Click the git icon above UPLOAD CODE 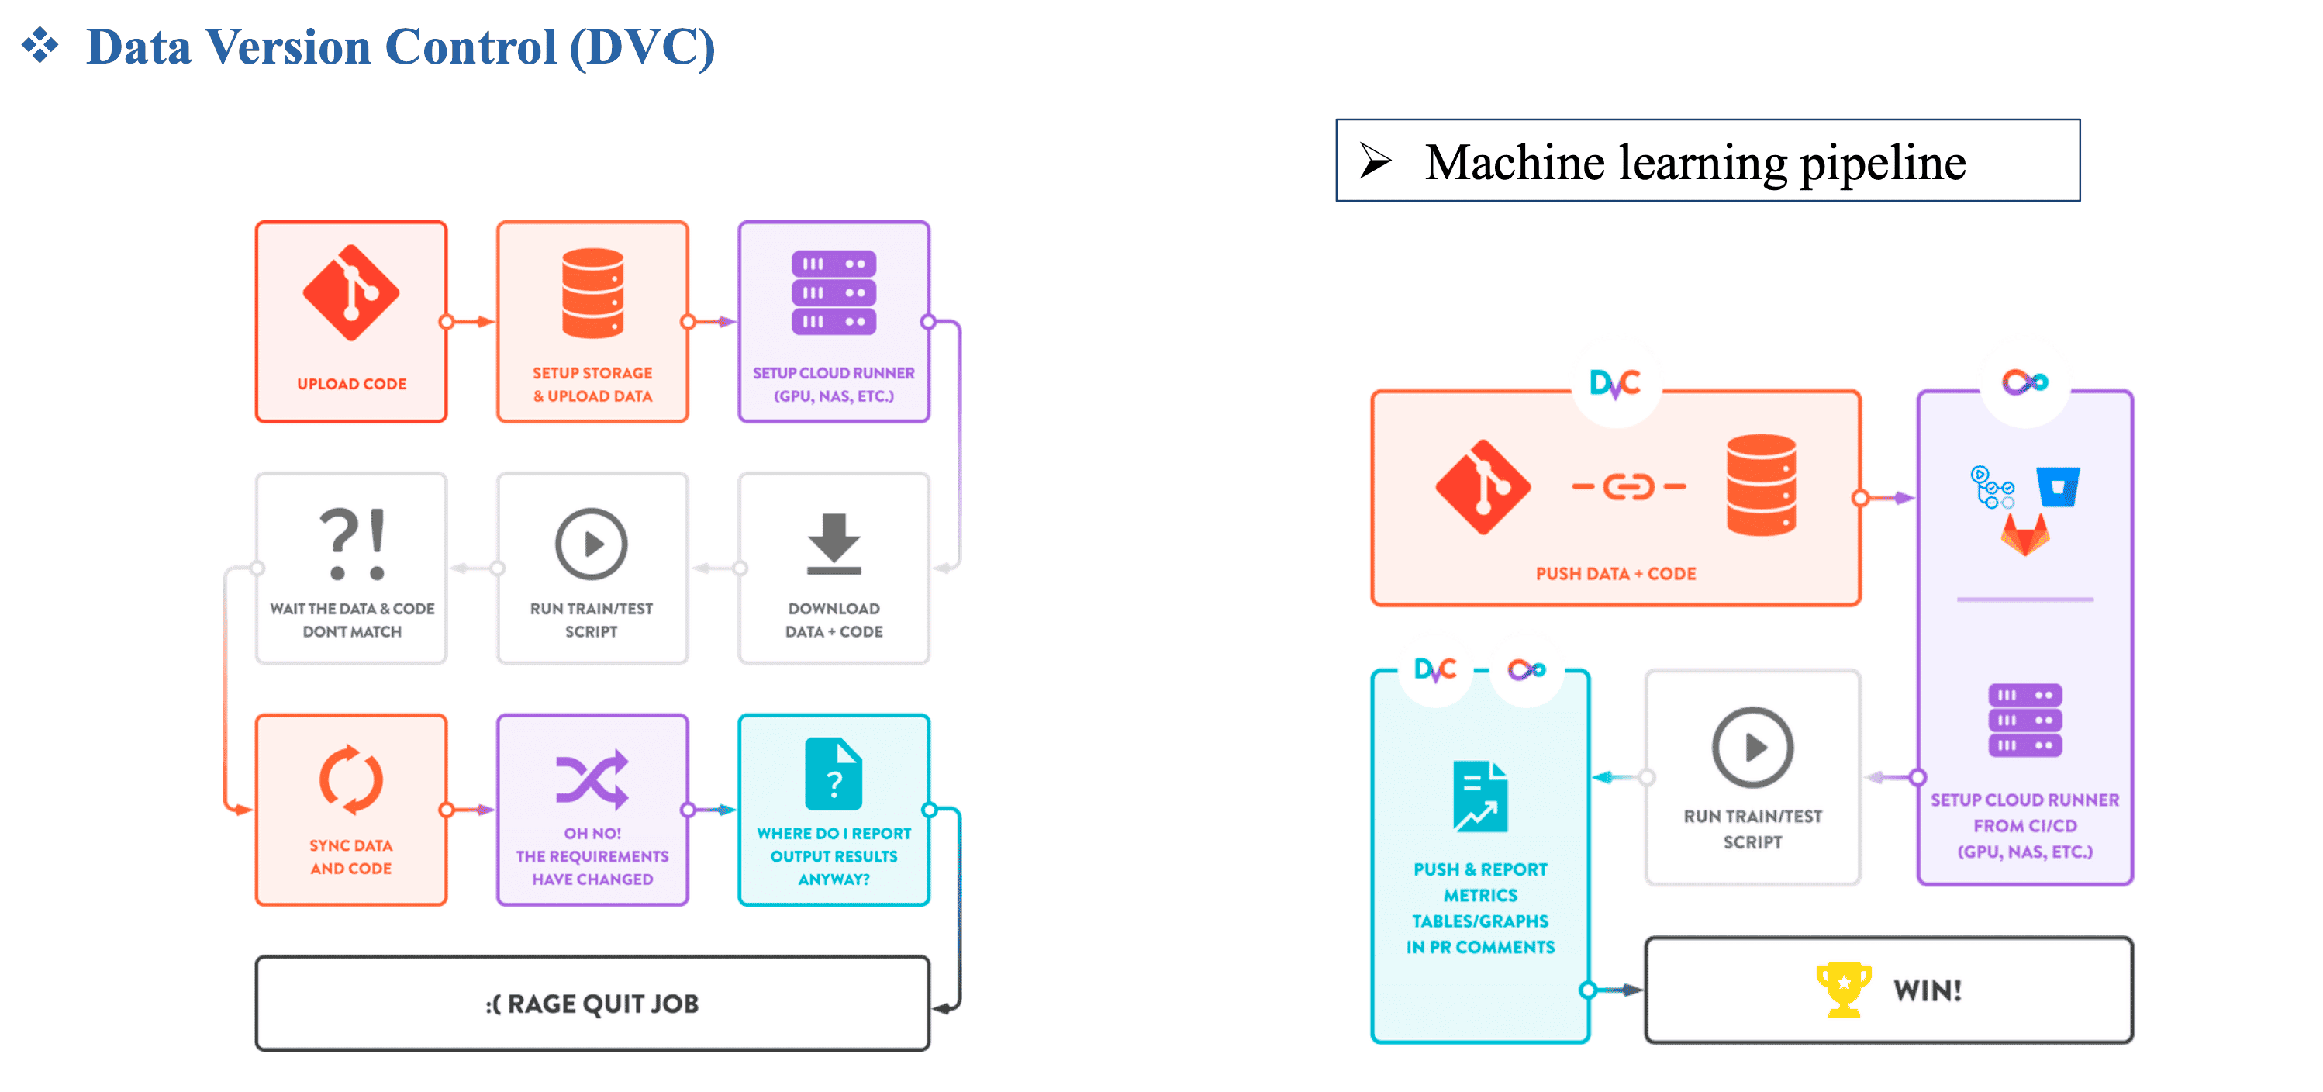[x=350, y=292]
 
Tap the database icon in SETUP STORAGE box [x=592, y=292]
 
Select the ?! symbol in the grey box [x=352, y=544]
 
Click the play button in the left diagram [x=592, y=544]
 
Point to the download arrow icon [x=834, y=543]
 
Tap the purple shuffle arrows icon [x=592, y=777]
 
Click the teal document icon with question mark [x=834, y=774]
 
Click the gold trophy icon [x=1843, y=989]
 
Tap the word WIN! [x=1927, y=990]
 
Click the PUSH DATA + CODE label [x=1615, y=573]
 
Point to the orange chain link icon [x=1628, y=487]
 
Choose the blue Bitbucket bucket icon [x=2058, y=487]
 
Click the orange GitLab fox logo [x=2025, y=536]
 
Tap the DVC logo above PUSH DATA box [x=1614, y=384]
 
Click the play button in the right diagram [x=1752, y=748]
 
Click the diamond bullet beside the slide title [x=40, y=45]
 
